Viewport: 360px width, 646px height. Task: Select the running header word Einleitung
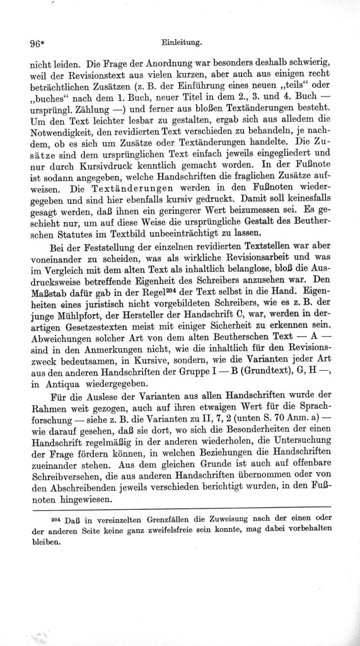pyautogui.click(x=181, y=43)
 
